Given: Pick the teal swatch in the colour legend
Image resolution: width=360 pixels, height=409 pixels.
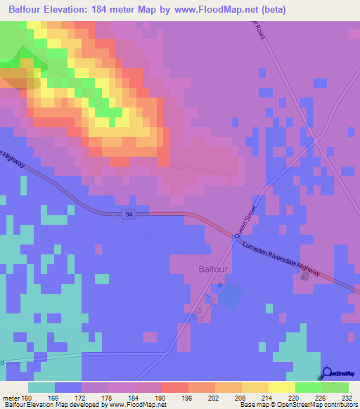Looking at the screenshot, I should (41, 387).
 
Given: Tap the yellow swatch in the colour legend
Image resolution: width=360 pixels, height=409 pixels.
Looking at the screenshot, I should (281, 387).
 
